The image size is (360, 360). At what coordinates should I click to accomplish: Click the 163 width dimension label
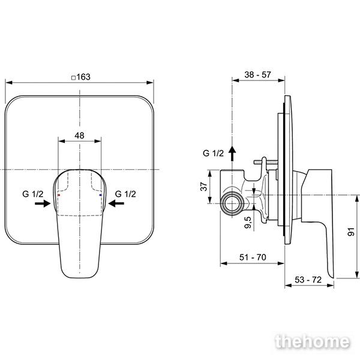[83, 77]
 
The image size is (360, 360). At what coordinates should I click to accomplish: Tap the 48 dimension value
[79, 136]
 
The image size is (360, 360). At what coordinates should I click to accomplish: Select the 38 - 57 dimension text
[257, 74]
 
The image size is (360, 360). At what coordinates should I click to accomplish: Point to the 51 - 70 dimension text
[253, 257]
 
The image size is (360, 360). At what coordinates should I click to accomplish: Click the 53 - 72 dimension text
[308, 280]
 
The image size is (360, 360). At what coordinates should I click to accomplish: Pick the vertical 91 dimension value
[351, 232]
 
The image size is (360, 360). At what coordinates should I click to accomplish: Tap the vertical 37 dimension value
[203, 187]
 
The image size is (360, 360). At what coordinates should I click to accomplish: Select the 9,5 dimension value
[248, 223]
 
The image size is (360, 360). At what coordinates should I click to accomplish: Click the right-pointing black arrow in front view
[43, 203]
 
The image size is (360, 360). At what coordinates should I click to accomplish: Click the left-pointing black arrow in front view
[116, 203]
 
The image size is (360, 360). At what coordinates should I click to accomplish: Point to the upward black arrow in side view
[232, 154]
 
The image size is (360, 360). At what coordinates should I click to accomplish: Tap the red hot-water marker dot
[59, 195]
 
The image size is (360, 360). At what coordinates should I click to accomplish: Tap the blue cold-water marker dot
[100, 195]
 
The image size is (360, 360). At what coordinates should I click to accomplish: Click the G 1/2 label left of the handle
[32, 194]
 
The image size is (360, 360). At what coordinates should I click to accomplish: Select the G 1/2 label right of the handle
[125, 194]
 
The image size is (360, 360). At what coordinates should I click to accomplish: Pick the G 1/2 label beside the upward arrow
[213, 153]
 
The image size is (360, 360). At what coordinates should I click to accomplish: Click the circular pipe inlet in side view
[232, 203]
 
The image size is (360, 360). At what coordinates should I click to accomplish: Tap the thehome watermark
[313, 342]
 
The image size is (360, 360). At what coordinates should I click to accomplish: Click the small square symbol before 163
[73, 78]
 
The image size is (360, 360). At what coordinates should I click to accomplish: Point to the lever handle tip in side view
[332, 277]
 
